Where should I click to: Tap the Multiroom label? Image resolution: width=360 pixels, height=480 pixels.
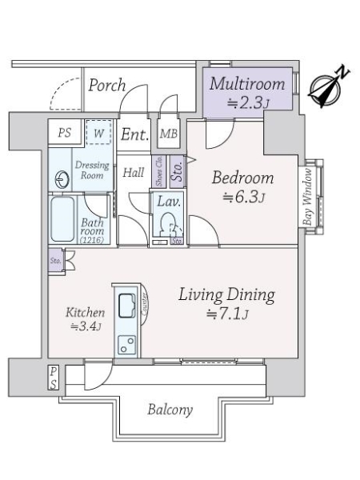pos(247,84)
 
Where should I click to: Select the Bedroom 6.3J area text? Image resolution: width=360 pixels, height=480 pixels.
pos(243,198)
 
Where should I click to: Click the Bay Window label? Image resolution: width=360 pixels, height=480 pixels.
pos(308,197)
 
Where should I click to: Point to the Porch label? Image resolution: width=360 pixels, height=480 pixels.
pos(107,85)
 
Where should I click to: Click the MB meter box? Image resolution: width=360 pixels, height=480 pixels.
pos(169,134)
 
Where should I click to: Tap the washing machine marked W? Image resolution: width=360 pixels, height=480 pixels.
pos(98,132)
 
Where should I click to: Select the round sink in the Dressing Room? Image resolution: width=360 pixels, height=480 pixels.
pos(62,179)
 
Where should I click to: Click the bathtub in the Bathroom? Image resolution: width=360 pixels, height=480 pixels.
pos(62,218)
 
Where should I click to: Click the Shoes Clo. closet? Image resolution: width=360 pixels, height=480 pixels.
pos(159,172)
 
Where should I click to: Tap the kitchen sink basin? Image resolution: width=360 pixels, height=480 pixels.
pos(127,306)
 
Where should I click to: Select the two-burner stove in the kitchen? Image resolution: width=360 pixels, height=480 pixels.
pos(127,345)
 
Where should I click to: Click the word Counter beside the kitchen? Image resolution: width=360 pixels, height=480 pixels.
pos(145,303)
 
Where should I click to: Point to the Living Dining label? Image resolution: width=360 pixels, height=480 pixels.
pos(226,295)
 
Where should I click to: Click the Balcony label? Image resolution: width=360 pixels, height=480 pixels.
pos(170,410)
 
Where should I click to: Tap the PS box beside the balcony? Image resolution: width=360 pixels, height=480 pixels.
pos(54,378)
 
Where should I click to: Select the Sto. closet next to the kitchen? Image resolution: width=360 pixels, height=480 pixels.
pos(56,261)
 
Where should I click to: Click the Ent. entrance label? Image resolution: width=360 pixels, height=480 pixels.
pos(134,134)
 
